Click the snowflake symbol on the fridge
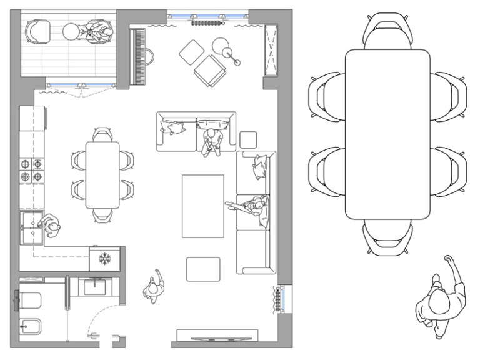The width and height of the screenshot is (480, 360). point(104,257)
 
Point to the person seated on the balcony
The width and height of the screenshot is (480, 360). point(99,31)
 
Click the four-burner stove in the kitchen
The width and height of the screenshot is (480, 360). point(31,170)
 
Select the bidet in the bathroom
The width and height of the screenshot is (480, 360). point(31,326)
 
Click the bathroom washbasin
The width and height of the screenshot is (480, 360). point(96,287)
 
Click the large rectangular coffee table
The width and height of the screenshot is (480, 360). point(202,206)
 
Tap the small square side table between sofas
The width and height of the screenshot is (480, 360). point(248,139)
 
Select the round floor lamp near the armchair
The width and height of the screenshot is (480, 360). point(221,46)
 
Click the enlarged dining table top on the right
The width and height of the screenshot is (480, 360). point(387,134)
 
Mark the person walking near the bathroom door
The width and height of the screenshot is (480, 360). point(154,288)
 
